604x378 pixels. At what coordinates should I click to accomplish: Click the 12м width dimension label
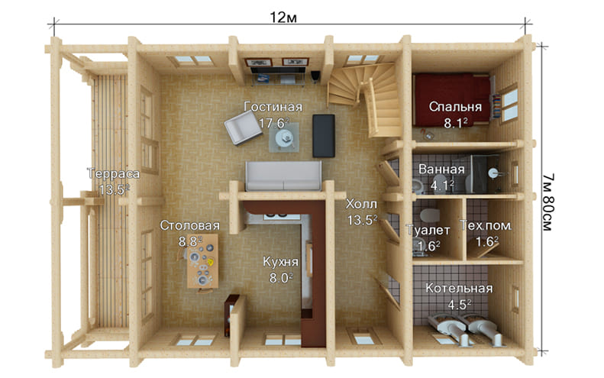tap(283, 18)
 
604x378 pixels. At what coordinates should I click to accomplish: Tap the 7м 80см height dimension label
tap(547, 202)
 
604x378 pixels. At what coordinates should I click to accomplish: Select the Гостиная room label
tap(273, 107)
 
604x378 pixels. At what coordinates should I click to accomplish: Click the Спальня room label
tap(455, 107)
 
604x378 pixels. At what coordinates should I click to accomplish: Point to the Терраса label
tap(113, 173)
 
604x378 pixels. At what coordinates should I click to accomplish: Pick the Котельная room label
tap(459, 288)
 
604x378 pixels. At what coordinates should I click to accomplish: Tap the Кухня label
tap(280, 262)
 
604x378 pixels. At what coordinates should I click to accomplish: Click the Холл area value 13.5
tap(362, 220)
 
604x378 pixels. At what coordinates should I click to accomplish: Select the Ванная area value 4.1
tap(442, 186)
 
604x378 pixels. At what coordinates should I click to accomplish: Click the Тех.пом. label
tap(486, 225)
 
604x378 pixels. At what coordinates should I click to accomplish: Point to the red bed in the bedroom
tap(452, 100)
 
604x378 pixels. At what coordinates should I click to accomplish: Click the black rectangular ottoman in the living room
tap(324, 136)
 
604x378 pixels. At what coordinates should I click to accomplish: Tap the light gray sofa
tap(283, 176)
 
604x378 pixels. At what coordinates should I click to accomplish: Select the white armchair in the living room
tap(243, 128)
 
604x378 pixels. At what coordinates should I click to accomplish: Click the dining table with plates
tap(202, 261)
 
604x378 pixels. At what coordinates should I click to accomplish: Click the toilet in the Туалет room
tap(429, 215)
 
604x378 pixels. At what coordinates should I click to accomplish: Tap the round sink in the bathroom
tap(493, 173)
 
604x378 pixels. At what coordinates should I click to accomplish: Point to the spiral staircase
tap(364, 99)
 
